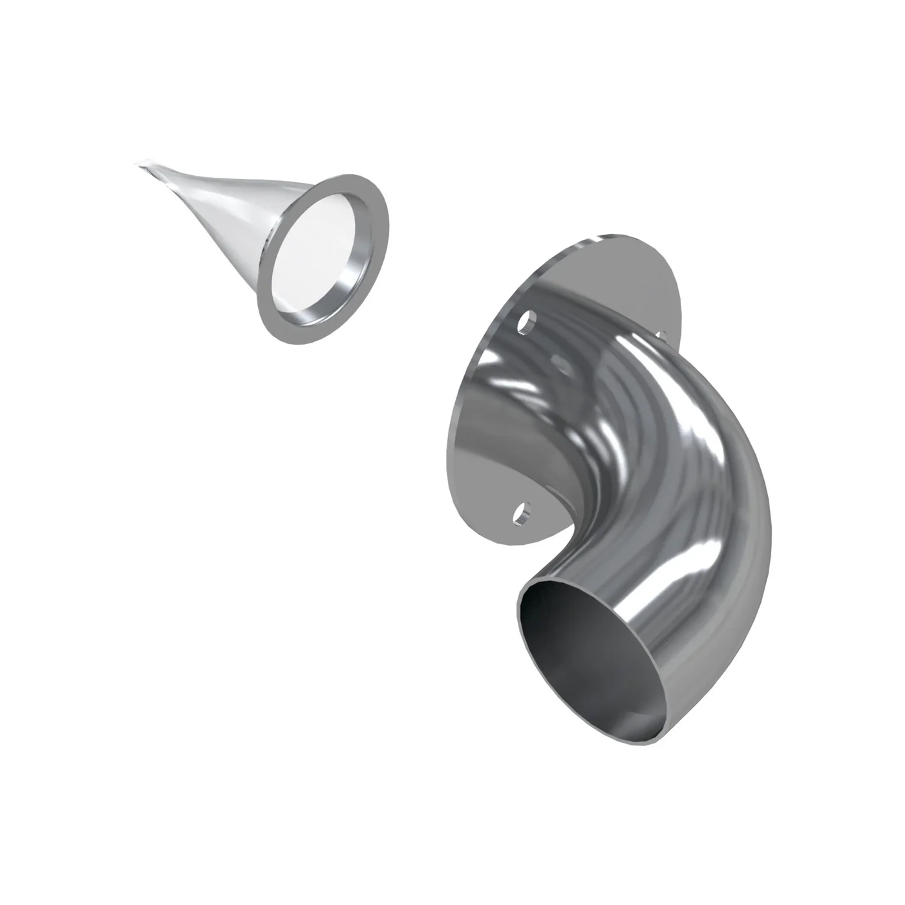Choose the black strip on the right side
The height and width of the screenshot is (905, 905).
point(840,452)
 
